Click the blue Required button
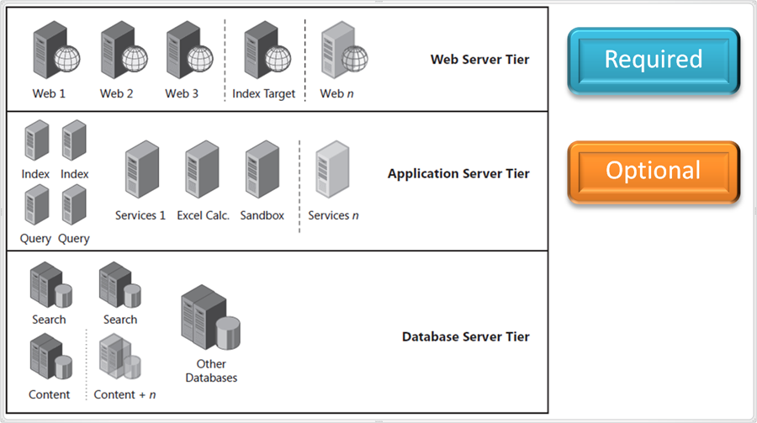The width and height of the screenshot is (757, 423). point(654,60)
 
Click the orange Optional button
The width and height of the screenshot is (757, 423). point(654,172)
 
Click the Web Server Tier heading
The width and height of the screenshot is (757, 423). point(479,60)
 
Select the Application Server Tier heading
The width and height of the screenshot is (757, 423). point(458,174)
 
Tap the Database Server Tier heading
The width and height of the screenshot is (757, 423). point(465,337)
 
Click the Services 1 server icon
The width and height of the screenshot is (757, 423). point(140,172)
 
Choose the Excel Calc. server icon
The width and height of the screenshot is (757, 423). point(202,172)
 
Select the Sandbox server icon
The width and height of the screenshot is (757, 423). point(262,172)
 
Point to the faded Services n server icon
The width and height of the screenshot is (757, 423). point(332,172)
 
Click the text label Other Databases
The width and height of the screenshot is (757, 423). point(211,371)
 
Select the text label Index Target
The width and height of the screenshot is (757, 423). point(264,94)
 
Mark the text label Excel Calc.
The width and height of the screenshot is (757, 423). point(203,216)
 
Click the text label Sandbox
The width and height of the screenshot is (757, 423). point(262,216)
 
